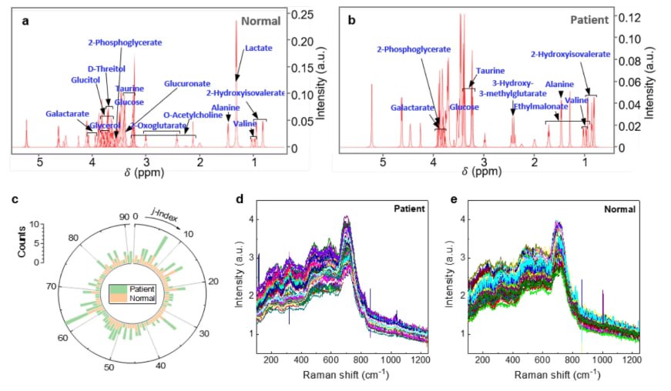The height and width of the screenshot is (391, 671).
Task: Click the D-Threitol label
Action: click(x=107, y=69)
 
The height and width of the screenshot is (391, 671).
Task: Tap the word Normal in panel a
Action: click(x=262, y=22)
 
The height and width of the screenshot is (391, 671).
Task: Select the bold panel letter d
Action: click(x=240, y=199)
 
